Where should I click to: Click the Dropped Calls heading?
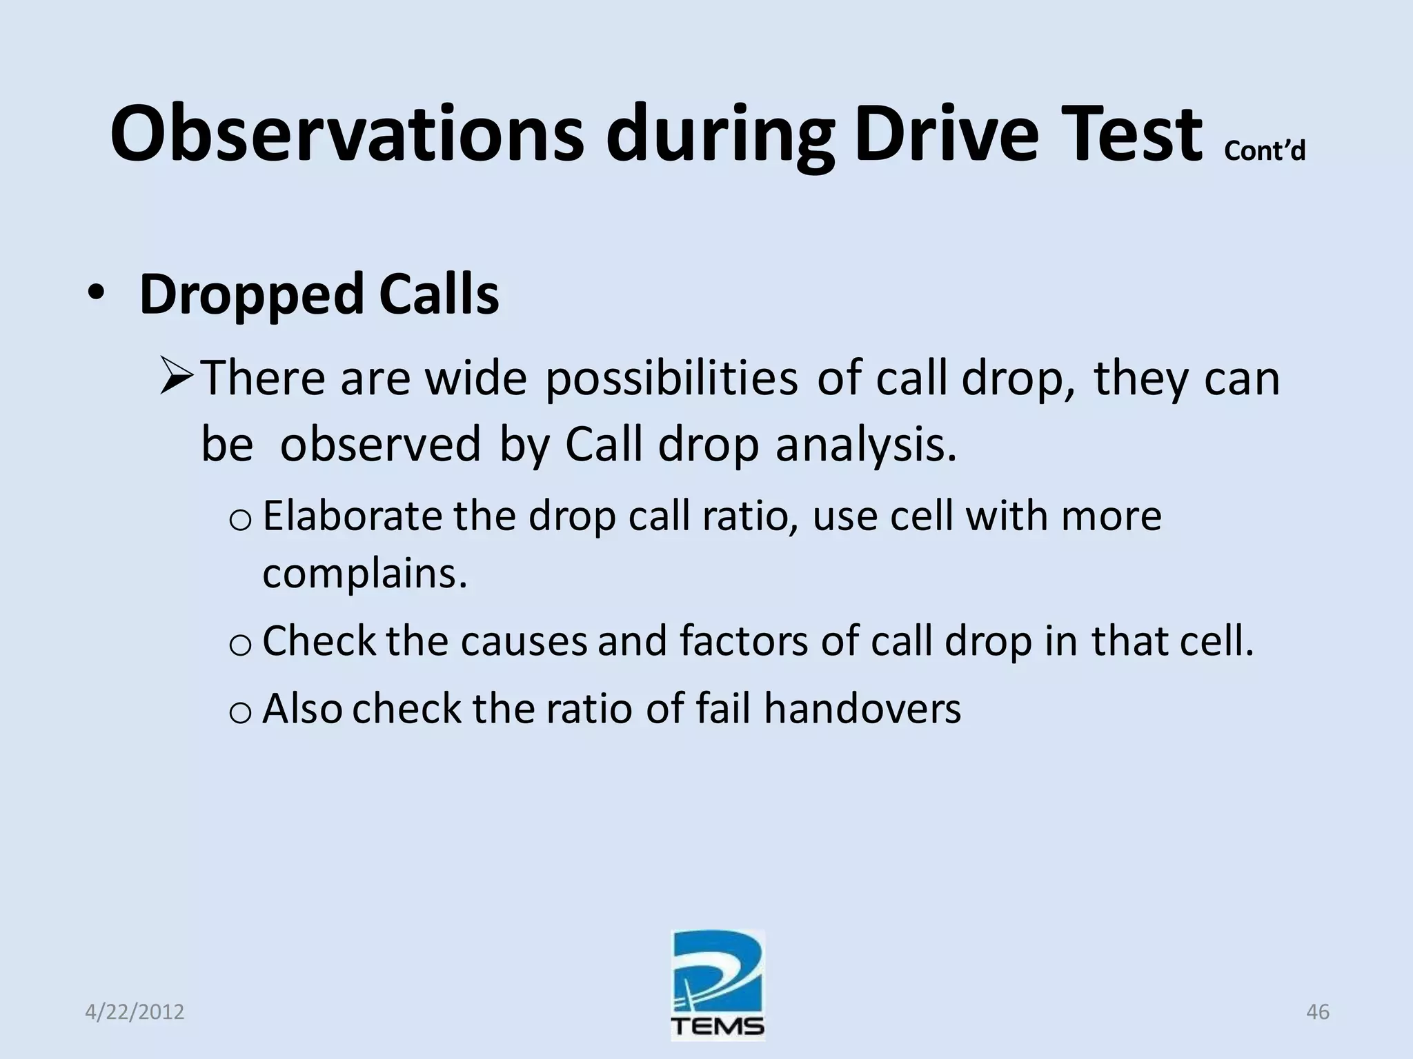point(319,295)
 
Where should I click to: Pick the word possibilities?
point(671,379)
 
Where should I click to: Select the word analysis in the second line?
point(866,445)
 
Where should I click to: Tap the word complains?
point(364,574)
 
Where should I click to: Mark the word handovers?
point(862,709)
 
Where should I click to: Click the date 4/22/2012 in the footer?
point(135,1012)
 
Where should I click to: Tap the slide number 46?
point(1317,1012)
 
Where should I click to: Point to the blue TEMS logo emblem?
point(718,972)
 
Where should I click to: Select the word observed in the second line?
point(379,445)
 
